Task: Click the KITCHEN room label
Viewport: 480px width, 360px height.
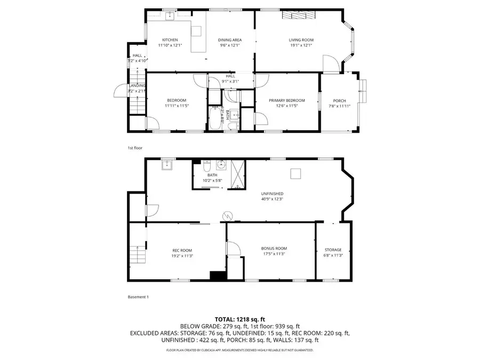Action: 170,40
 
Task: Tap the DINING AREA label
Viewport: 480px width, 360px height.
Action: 230,40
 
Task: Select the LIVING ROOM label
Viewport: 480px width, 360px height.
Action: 301,40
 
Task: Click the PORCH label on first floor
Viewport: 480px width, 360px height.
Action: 339,100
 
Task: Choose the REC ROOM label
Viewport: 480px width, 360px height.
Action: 182,250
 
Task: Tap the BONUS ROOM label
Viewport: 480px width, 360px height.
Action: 274,248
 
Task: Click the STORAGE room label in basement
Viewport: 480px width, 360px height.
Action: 333,250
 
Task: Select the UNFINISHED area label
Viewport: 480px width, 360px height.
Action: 272,194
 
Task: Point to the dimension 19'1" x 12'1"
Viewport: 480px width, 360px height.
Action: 301,46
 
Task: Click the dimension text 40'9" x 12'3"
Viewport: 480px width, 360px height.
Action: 272,199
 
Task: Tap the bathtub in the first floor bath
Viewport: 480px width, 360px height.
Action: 215,118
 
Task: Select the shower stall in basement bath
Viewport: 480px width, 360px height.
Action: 238,174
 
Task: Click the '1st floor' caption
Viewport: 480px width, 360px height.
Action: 134,148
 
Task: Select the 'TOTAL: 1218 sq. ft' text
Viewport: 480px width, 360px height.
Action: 239,319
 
